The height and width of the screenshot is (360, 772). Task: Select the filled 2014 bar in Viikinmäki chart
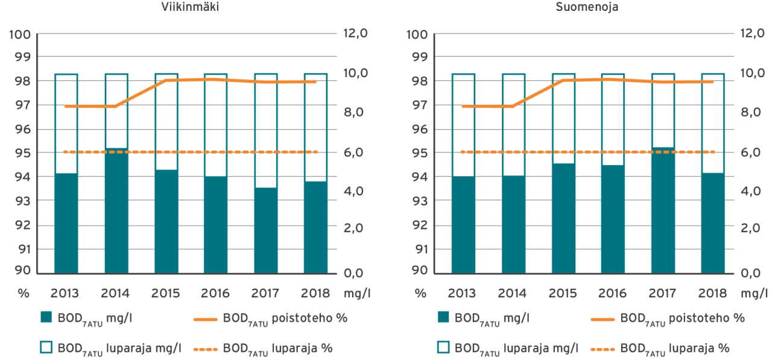coord(116,210)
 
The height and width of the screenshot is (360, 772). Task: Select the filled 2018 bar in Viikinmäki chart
coord(315,226)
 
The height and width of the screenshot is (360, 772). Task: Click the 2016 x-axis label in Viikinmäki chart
coord(215,294)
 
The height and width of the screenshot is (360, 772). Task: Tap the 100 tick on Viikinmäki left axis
coord(20,34)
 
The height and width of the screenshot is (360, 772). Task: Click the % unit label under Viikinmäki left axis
coord(23,294)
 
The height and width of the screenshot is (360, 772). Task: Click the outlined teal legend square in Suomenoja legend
coord(443,348)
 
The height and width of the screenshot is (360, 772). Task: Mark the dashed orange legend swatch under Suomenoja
coord(601,348)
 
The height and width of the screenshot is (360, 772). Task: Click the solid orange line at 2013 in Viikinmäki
coord(66,106)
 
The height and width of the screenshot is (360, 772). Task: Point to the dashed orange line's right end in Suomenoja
coord(713,152)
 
